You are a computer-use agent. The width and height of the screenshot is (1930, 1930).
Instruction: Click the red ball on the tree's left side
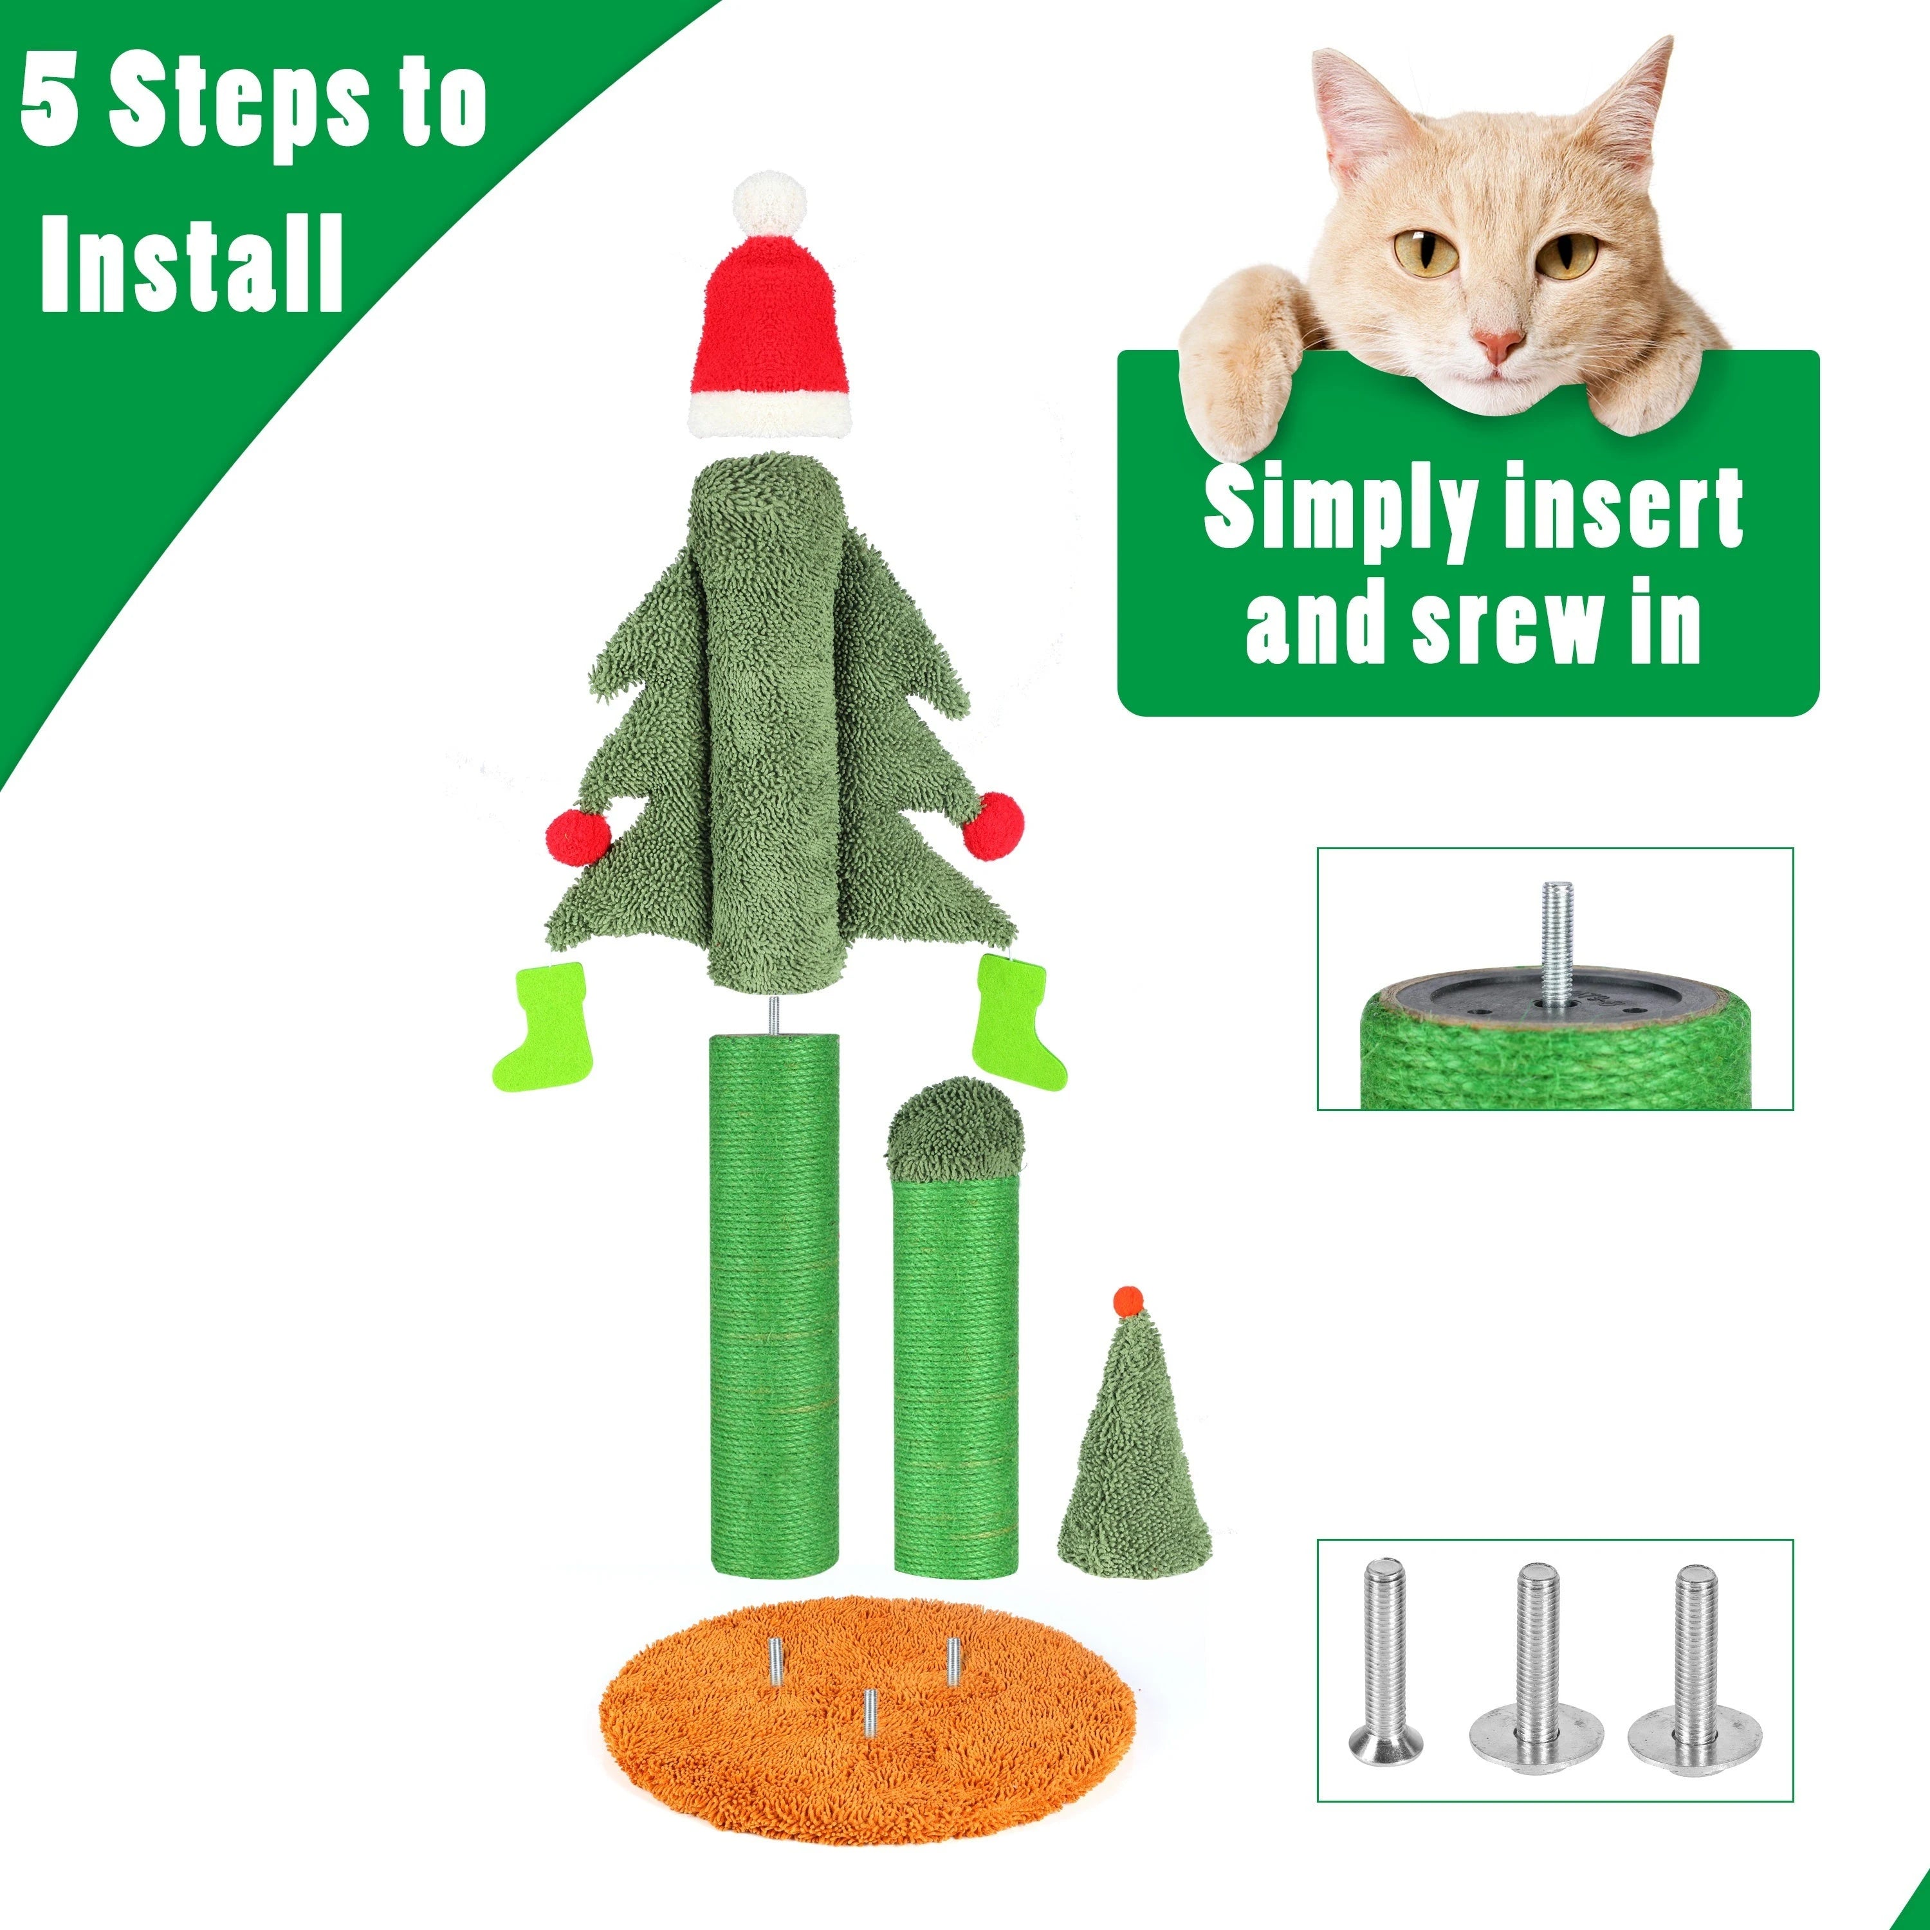point(578,837)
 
